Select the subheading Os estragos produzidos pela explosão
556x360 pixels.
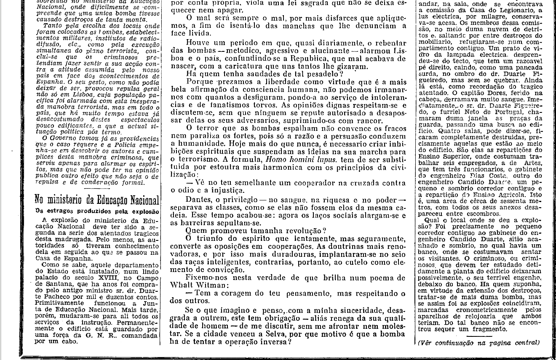[97, 211]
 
